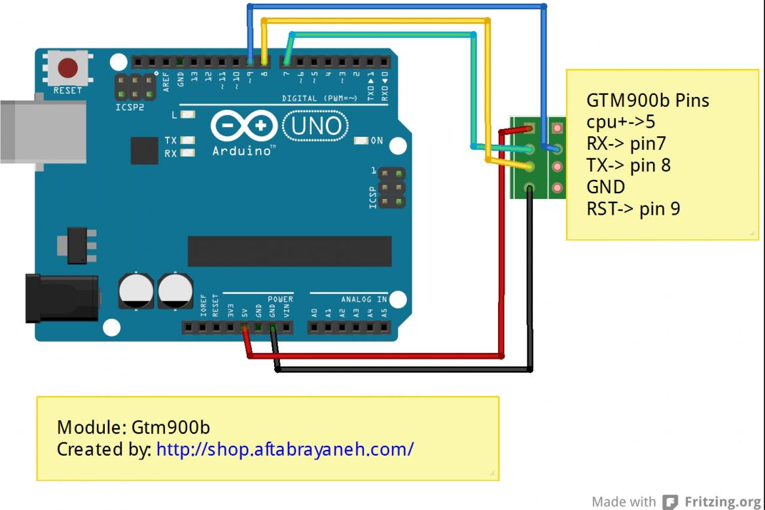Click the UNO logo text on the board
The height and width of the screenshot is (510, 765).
316,125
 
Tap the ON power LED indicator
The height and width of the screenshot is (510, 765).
361,141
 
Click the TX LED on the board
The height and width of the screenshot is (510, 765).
188,141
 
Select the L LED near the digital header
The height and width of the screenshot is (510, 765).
188,115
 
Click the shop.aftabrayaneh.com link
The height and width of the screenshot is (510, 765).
285,450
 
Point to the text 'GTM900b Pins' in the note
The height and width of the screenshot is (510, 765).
647,101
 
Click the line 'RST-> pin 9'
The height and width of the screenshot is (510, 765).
633,209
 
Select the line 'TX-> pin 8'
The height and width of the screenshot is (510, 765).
628,165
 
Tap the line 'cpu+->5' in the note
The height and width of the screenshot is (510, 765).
620,122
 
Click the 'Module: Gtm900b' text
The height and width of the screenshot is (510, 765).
133,428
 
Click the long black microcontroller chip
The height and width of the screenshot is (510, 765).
289,251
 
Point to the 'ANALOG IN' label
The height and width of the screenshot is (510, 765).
364,299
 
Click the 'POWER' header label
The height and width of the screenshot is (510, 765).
280,299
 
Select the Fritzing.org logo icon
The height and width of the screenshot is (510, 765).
669,502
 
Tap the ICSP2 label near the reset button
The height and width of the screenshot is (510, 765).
129,107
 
